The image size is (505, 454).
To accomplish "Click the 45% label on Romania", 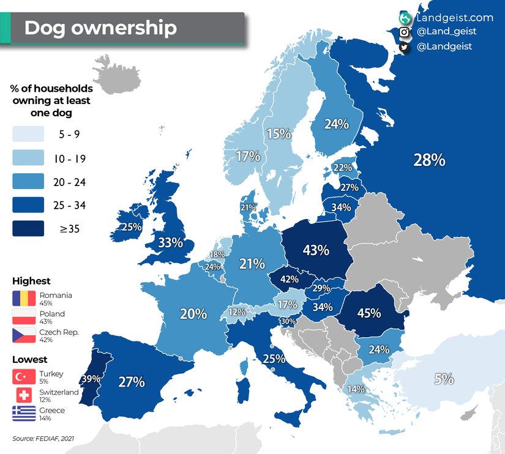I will coord(368,313).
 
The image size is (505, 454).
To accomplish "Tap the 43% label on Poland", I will coord(316,250).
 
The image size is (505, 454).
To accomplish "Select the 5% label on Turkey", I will coord(444,379).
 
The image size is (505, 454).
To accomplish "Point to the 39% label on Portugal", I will coord(91,379).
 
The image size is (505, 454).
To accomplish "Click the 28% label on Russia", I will coord(429,160).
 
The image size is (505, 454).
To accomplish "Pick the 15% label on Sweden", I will coord(279,133).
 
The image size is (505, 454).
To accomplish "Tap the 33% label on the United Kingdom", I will coord(170,242).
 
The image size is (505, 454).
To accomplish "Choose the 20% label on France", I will coord(193,314).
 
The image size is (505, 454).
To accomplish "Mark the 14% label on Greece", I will coord(356,389).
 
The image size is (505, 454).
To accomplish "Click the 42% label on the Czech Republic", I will coord(290,279).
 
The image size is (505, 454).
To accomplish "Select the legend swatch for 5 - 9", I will coord(28,134).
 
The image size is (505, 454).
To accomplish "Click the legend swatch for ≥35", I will coord(28,229).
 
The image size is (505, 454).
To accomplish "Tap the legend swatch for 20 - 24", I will coord(28,181).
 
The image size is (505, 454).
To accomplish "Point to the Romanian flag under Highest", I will coord(24,299).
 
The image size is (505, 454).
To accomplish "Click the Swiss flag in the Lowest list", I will coord(24,395).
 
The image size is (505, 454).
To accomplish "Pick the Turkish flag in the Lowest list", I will coord(24,377).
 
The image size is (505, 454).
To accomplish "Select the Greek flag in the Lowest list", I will coord(24,414).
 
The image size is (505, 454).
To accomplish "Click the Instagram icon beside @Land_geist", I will coord(405,32).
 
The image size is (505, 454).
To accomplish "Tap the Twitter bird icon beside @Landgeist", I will coord(405,47).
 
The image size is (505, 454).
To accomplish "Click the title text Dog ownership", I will coord(100,28).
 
